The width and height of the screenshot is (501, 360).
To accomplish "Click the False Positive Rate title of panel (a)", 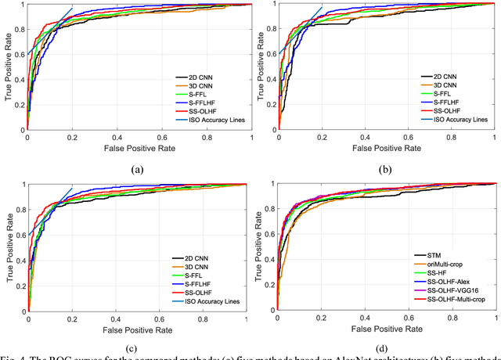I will point(139,147).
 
